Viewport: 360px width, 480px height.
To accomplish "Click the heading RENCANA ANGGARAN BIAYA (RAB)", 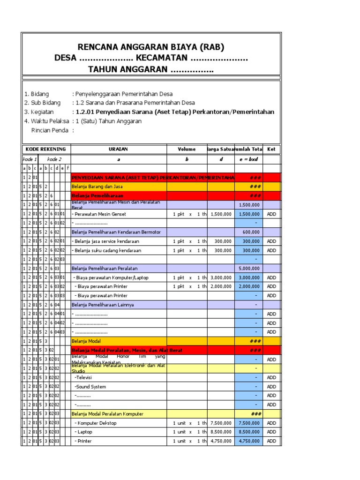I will click(x=151, y=47).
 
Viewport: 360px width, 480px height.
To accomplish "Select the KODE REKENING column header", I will click(x=46, y=149).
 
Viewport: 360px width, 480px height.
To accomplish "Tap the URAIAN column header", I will click(x=119, y=149).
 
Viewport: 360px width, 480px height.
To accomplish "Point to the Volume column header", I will click(x=187, y=149).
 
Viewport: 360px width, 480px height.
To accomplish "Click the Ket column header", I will click(x=271, y=149).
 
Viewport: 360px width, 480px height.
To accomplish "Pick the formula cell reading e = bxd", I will click(x=248, y=159).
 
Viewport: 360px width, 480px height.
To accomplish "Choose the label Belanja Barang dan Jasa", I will click(x=93, y=186).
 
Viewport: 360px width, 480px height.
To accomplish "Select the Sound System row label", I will click(x=90, y=387).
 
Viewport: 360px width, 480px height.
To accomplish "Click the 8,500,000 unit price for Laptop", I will click(x=221, y=432).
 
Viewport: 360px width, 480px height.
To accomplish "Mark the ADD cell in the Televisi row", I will click(x=271, y=377).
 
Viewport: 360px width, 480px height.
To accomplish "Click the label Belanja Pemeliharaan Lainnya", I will click(x=103, y=305).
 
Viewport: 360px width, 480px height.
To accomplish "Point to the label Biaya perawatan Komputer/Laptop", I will click(x=111, y=277).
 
